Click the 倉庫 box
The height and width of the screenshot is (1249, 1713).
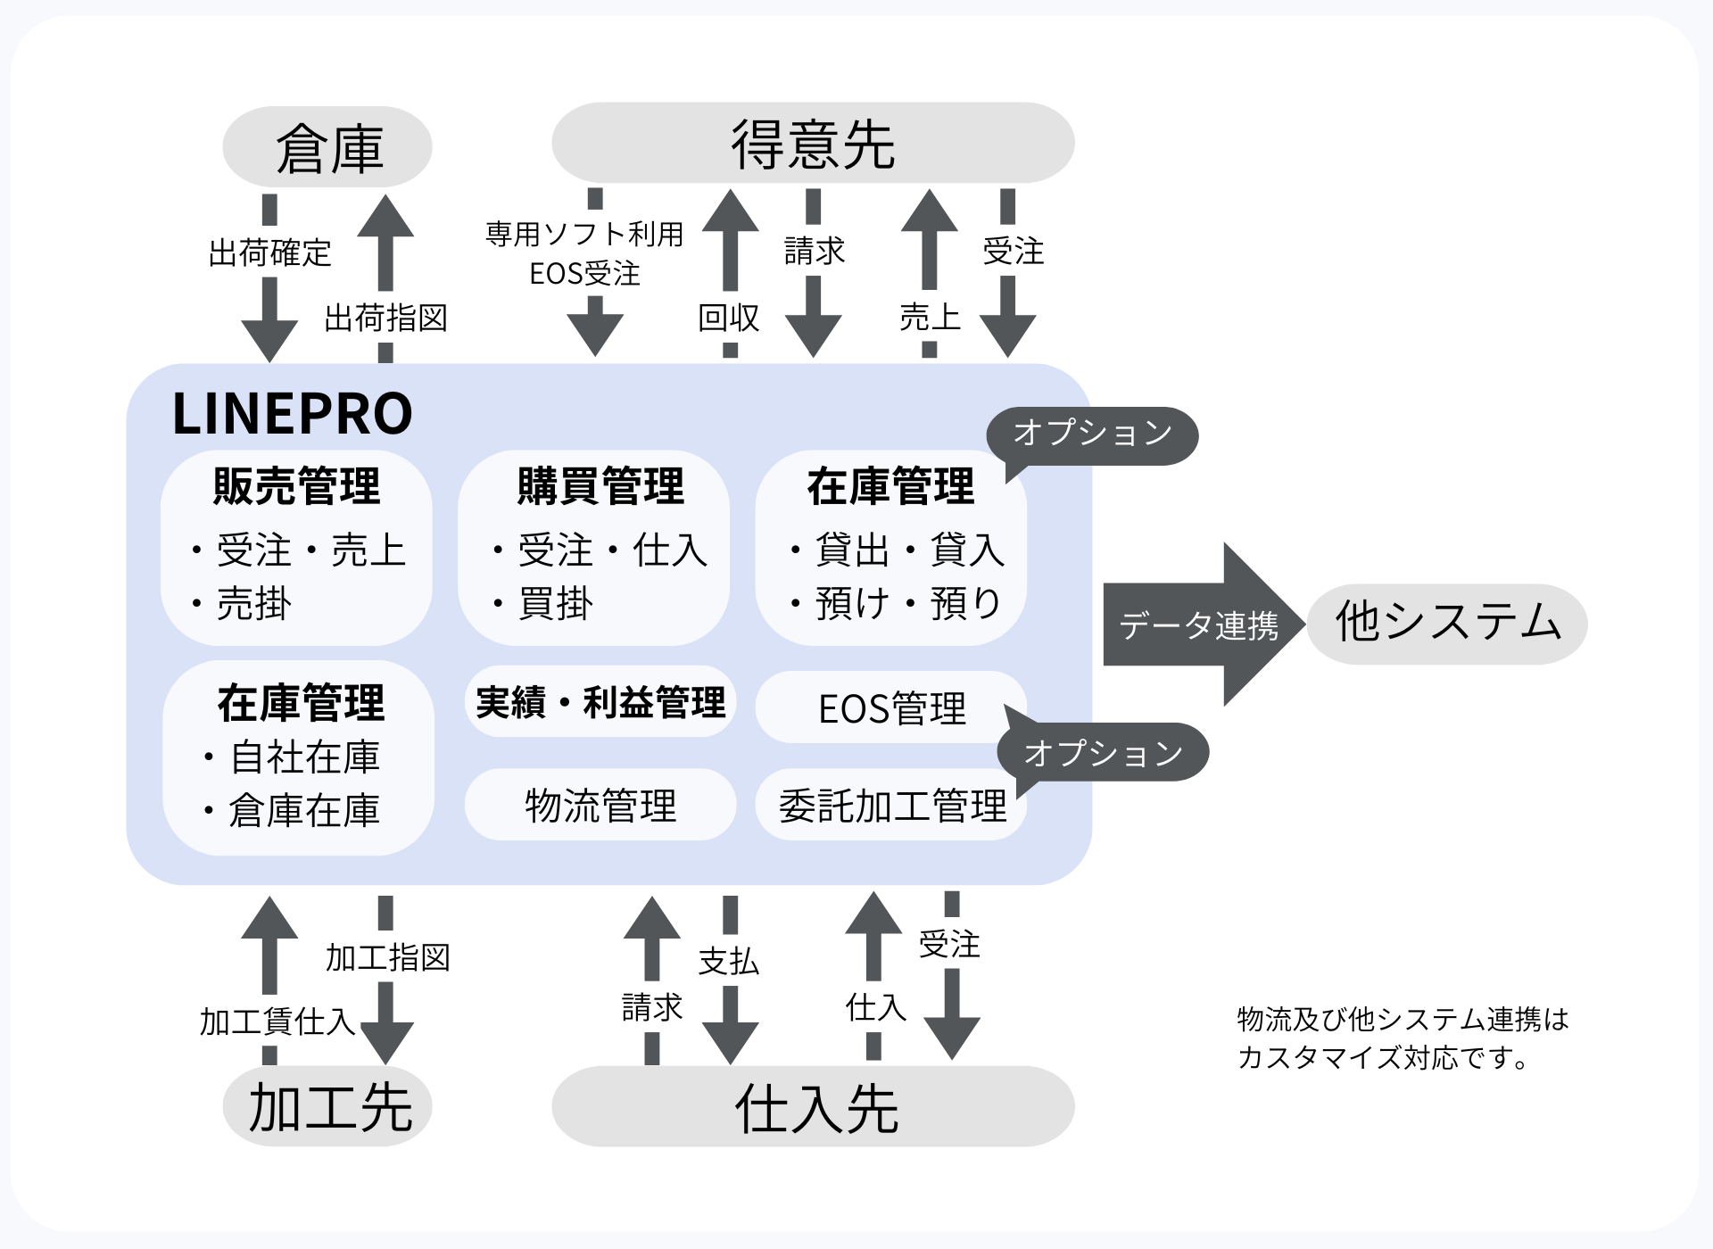pyautogui.click(x=327, y=147)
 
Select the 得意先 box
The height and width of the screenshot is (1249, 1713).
pyautogui.click(x=813, y=144)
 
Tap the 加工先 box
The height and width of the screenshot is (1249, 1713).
pyautogui.click(x=327, y=1107)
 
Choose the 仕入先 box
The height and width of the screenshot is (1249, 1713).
pyautogui.click(x=813, y=1107)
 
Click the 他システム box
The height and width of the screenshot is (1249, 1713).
pyautogui.click(x=1447, y=624)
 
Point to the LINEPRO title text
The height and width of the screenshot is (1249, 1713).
pyautogui.click(x=292, y=414)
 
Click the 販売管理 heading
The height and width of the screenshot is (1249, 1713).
pyautogui.click(x=296, y=487)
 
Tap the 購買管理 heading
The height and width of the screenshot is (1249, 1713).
pyautogui.click(x=600, y=487)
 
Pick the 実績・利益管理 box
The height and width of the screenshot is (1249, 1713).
pyautogui.click(x=600, y=703)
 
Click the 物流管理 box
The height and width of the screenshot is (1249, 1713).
pyautogui.click(x=600, y=806)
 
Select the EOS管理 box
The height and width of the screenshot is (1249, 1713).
pyautogui.click(x=890, y=708)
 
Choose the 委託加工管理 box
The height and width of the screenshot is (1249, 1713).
pyautogui.click(x=890, y=806)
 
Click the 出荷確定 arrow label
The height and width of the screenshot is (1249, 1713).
pyautogui.click(x=269, y=253)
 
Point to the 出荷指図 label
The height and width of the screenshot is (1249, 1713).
pyautogui.click(x=385, y=318)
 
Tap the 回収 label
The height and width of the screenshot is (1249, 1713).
pyautogui.click(x=729, y=318)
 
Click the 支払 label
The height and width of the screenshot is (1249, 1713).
pyautogui.click(x=729, y=961)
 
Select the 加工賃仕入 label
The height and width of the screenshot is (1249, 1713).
pyautogui.click(x=277, y=1022)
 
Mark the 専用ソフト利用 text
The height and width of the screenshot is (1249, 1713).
pyautogui.click(x=584, y=235)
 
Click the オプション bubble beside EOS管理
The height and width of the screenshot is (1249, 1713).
pyautogui.click(x=1104, y=753)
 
